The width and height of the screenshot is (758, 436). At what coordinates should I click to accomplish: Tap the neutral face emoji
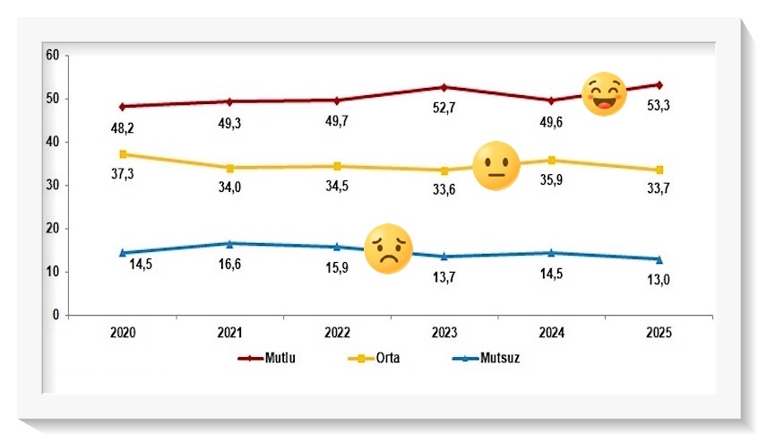(x=495, y=166)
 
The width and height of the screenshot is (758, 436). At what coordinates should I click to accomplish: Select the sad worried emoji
(x=388, y=249)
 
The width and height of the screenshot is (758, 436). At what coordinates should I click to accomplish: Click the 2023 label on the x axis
(x=444, y=333)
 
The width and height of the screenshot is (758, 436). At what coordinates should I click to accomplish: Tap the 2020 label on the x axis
(x=123, y=333)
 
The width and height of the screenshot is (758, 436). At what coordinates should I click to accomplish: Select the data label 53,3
(x=659, y=105)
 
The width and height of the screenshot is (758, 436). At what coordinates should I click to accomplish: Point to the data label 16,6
(x=230, y=265)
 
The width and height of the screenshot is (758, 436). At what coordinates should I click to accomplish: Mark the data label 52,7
(x=444, y=108)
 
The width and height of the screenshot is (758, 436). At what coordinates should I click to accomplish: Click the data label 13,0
(x=659, y=279)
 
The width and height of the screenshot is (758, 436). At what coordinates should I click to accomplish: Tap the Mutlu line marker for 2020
(x=123, y=106)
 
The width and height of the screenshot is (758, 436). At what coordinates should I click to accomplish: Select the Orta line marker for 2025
(x=659, y=170)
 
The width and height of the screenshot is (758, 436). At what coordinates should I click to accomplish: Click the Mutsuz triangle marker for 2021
(x=230, y=243)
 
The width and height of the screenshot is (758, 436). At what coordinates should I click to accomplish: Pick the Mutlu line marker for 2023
(x=444, y=87)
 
